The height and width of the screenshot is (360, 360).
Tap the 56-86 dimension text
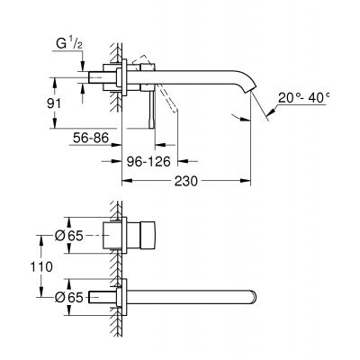[x=93, y=138]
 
